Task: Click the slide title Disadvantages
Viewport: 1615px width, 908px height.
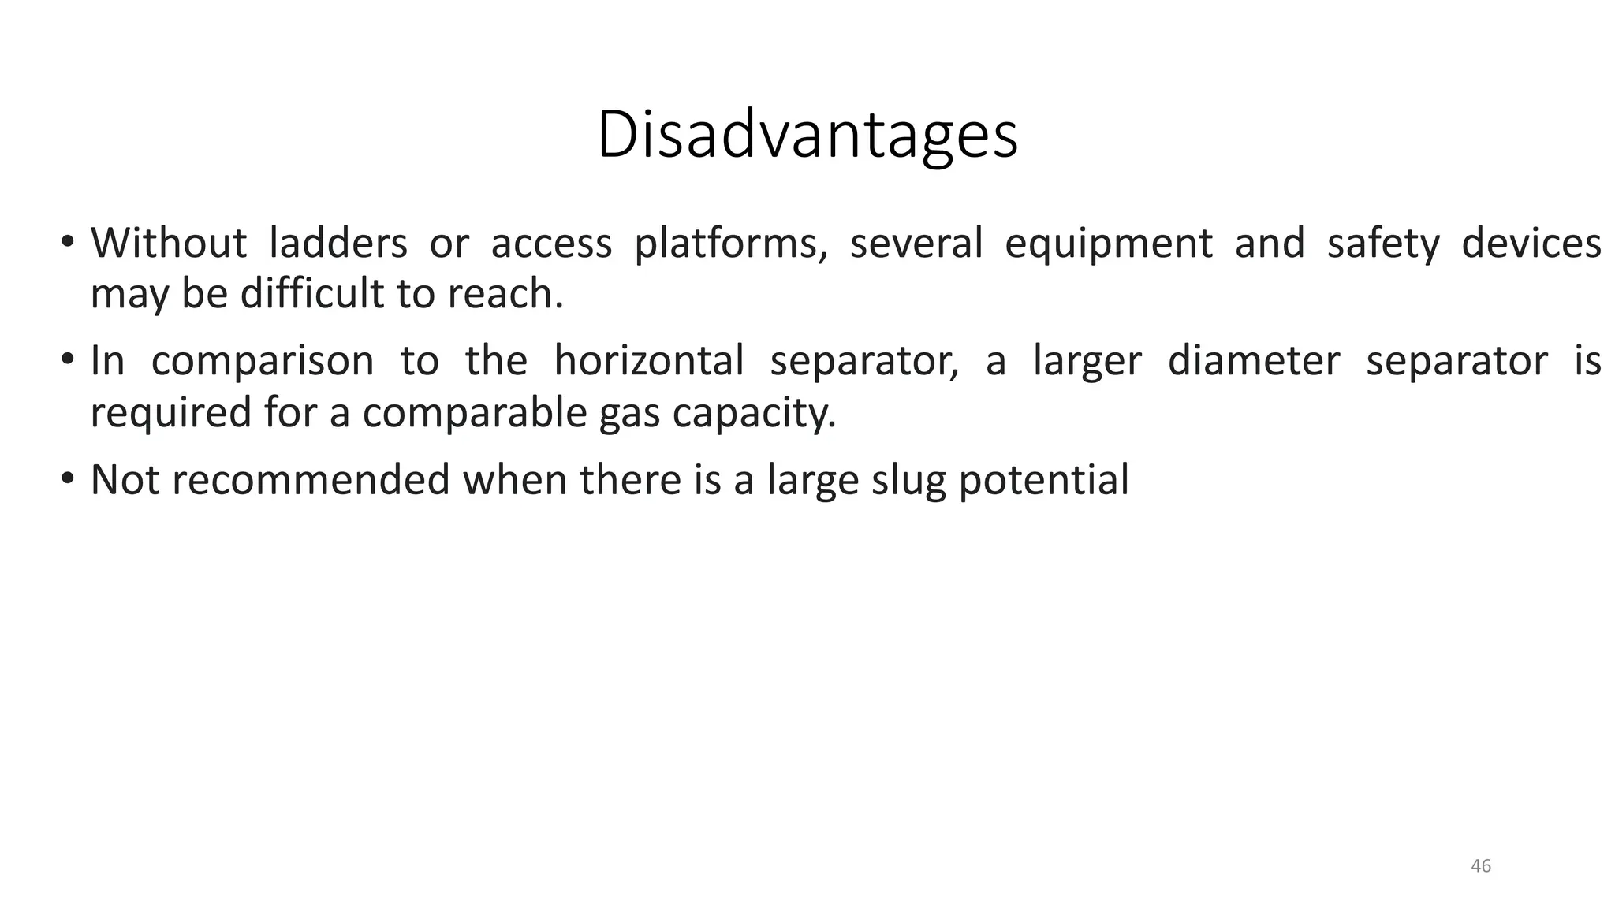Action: (807, 136)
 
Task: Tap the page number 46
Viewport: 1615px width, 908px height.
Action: (1481, 866)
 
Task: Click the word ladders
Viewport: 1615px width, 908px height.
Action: (338, 243)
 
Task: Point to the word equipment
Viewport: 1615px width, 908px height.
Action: (1108, 244)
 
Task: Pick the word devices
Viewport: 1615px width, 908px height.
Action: (1531, 243)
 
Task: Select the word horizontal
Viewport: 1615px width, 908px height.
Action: (649, 361)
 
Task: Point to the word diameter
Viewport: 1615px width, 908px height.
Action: (1253, 361)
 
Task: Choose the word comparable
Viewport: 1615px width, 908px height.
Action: (475, 413)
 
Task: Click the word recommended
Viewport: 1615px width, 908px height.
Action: (311, 479)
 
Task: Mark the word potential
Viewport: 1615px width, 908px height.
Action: (1043, 481)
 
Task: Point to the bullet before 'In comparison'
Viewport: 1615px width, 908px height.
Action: (68, 360)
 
